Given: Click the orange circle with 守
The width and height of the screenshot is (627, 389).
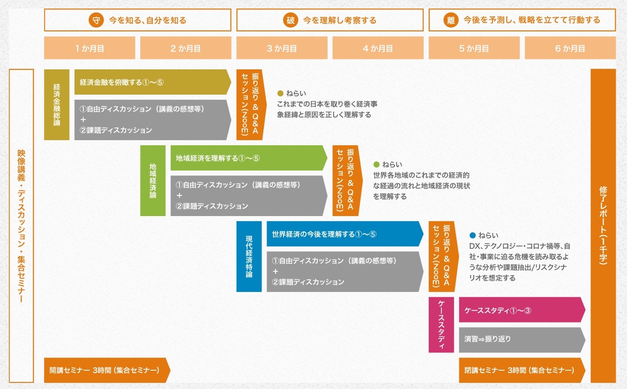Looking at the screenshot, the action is [96, 20].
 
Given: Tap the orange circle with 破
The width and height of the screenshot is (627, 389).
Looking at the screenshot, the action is [291, 20].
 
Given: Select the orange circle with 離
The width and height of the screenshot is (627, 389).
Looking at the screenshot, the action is [451, 20].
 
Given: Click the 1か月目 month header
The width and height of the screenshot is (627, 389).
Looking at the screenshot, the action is [90, 48].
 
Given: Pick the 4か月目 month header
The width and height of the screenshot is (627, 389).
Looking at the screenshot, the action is [378, 48].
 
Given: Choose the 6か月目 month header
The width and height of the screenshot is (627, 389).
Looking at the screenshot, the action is [570, 48].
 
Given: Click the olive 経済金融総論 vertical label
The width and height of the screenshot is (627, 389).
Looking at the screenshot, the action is [57, 105].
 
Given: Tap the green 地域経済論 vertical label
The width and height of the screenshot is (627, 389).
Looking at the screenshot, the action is [153, 180].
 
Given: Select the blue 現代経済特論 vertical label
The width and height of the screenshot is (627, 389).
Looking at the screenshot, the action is [249, 256].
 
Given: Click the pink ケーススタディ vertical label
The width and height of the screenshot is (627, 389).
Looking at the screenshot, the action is [441, 325].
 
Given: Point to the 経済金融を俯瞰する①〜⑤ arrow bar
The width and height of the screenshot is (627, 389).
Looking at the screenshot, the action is [153, 82].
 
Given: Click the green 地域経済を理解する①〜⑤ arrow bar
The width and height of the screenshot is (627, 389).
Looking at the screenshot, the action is [249, 158].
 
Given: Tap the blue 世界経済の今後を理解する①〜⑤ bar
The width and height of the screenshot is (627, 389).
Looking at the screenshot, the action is [345, 234].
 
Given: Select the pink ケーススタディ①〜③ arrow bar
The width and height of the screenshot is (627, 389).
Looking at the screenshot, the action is [522, 310].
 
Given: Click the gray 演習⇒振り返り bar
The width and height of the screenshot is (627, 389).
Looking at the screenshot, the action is [522, 340].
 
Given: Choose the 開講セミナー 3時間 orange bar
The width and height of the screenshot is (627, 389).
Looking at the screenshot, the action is [107, 370].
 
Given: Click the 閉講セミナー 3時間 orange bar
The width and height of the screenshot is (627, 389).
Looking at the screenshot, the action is [522, 370].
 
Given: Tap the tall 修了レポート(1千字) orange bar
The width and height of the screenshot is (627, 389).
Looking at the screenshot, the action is [603, 226].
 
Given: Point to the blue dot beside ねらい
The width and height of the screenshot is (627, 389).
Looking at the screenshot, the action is [472, 235].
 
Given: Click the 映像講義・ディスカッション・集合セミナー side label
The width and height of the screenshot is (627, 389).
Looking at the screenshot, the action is [21, 226].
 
